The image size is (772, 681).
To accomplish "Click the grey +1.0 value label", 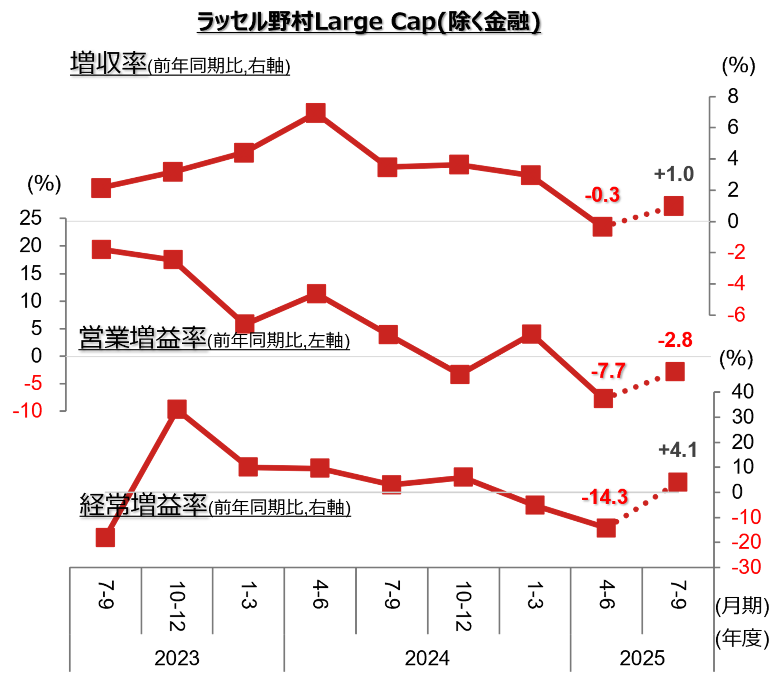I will [674, 174].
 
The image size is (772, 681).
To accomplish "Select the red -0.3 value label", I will [602, 195].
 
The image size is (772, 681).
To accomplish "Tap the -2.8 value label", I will [675, 340].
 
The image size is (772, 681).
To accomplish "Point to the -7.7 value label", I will [608, 371].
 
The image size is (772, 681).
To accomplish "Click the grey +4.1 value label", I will [678, 450].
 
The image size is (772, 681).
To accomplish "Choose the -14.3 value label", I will [605, 497].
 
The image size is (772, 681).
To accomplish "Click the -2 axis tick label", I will [736, 252].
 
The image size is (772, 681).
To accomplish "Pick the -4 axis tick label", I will [736, 284].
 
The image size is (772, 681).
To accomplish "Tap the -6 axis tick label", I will [736, 315].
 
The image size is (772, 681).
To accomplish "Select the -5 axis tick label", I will [33, 383].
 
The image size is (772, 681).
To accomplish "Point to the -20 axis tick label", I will [746, 542].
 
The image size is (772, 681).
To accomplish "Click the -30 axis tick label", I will [746, 567].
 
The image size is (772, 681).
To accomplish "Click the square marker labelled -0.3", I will [602, 227].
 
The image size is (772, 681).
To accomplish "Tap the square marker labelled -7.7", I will [603, 399].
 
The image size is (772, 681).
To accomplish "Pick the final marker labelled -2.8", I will [675, 371].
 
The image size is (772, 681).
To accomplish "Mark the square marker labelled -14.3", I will [606, 528].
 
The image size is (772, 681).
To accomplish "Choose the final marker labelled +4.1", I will [678, 482].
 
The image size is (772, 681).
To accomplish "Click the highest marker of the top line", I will [316, 113].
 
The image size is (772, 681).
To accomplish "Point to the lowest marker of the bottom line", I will [105, 538].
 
